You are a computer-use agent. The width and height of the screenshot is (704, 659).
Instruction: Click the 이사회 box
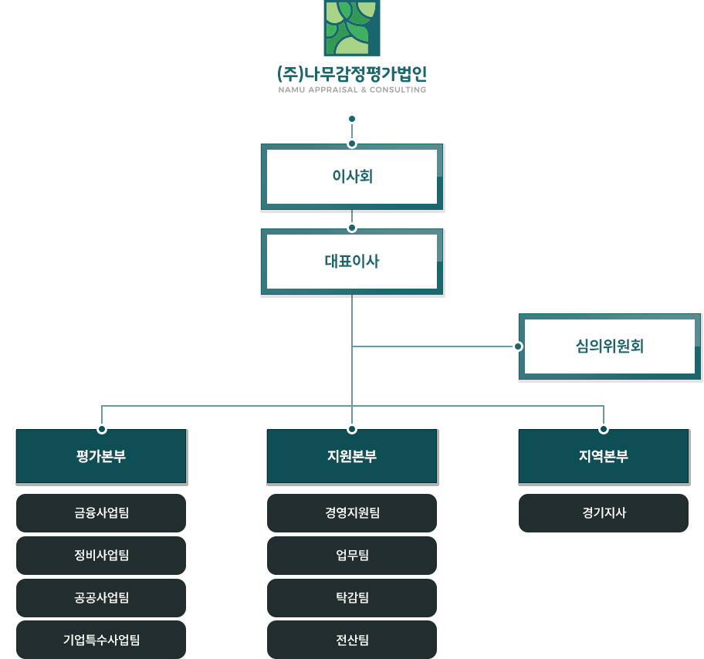(x=352, y=177)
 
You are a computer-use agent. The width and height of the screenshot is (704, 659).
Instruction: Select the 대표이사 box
(x=352, y=262)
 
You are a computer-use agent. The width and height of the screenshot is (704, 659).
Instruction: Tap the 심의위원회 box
(x=610, y=346)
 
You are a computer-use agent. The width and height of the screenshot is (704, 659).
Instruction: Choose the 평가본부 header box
(x=101, y=456)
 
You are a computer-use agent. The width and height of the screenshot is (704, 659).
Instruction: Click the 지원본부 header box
(x=352, y=456)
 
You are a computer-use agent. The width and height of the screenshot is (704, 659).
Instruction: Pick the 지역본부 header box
(x=603, y=456)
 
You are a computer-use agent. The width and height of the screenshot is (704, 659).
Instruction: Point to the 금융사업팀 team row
(x=101, y=512)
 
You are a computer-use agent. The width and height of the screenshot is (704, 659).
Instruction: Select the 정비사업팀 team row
(x=101, y=555)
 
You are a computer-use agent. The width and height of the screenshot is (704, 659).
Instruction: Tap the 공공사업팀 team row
(x=101, y=597)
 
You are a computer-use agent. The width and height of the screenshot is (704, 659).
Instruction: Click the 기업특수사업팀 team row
(x=101, y=639)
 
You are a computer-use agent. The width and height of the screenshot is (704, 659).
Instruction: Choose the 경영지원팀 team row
(x=352, y=512)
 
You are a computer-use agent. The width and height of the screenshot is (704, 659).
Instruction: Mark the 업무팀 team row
(x=352, y=555)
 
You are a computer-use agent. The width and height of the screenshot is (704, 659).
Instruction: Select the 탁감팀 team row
(x=352, y=597)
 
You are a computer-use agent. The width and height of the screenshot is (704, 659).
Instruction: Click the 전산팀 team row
(x=352, y=639)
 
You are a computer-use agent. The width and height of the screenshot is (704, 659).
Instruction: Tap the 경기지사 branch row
(x=603, y=512)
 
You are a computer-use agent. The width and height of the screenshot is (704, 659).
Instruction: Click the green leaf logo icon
(x=352, y=28)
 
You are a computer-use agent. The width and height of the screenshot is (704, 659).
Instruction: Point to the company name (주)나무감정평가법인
(x=352, y=75)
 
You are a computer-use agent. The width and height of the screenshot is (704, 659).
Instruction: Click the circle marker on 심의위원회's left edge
(x=518, y=346)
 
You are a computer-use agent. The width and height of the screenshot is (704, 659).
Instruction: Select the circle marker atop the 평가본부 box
(x=101, y=428)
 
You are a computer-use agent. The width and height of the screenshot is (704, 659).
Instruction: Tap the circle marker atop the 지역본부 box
(x=603, y=428)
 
